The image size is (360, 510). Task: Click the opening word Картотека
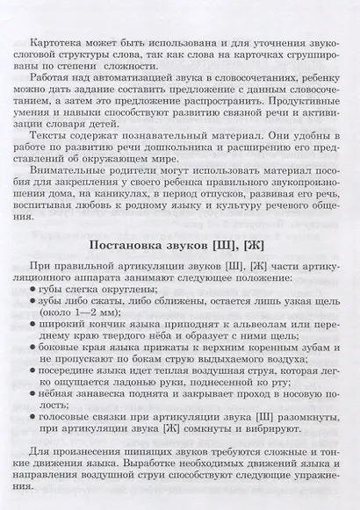[55, 41]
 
